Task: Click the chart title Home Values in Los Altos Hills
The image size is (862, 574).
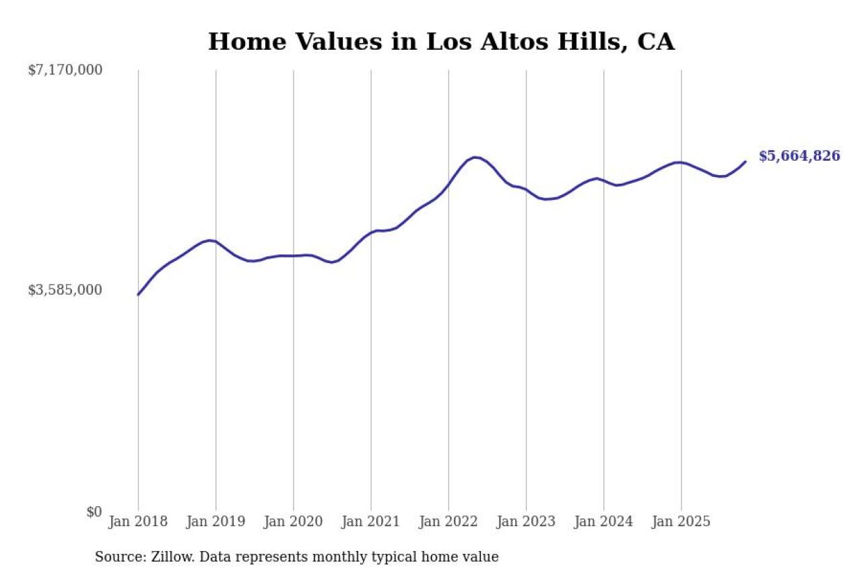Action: (441, 42)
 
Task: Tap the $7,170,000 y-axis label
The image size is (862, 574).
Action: (65, 70)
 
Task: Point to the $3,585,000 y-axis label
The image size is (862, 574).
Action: (65, 290)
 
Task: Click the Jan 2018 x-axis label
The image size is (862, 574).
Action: (138, 522)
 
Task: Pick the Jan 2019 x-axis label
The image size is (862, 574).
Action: (215, 522)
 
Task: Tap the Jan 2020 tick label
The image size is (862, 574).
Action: (293, 522)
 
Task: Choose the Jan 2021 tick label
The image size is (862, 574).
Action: (370, 522)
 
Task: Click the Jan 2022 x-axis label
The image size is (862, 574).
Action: (448, 522)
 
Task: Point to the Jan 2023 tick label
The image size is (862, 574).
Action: (526, 522)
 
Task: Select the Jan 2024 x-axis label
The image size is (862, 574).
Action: (603, 522)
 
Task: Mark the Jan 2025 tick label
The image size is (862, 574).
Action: (681, 522)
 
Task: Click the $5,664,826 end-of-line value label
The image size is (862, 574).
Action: (799, 156)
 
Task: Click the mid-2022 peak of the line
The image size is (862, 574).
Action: (475, 157)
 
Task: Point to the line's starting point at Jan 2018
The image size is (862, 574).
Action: (138, 295)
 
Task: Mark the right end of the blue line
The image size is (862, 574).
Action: (745, 162)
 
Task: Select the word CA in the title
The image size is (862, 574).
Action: (655, 42)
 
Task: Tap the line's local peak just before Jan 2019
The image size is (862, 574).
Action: (211, 240)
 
